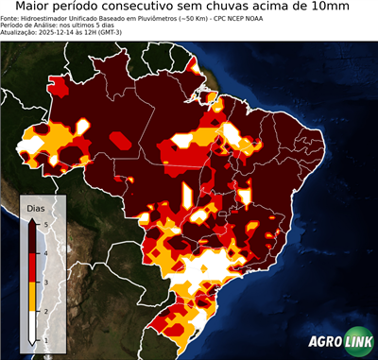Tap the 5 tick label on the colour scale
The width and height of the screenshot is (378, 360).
click(45, 223)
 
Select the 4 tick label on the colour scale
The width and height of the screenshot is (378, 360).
click(45, 252)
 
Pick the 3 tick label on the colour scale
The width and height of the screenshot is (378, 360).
click(45, 282)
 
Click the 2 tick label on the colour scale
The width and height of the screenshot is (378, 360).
click(45, 311)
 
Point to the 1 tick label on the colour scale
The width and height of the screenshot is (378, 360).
click(45, 339)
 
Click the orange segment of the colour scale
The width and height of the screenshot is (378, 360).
click(33, 297)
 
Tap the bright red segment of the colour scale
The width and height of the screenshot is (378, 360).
click(33, 267)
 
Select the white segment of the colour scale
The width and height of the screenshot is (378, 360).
click(33, 325)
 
